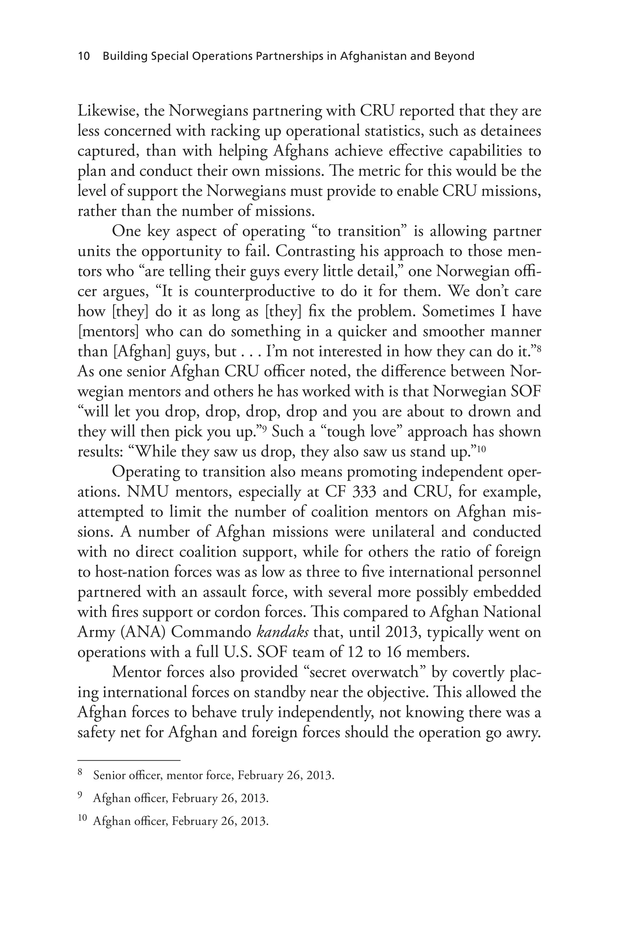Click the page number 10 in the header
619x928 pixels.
84,56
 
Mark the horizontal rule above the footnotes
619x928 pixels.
129,760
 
